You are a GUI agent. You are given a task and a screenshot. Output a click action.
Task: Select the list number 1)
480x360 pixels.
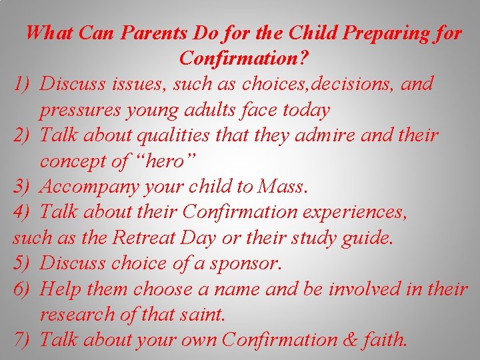click(23, 84)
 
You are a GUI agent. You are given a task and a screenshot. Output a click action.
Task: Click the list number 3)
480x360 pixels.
click(23, 187)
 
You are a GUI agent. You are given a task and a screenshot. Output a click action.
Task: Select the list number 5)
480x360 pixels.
click(23, 263)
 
